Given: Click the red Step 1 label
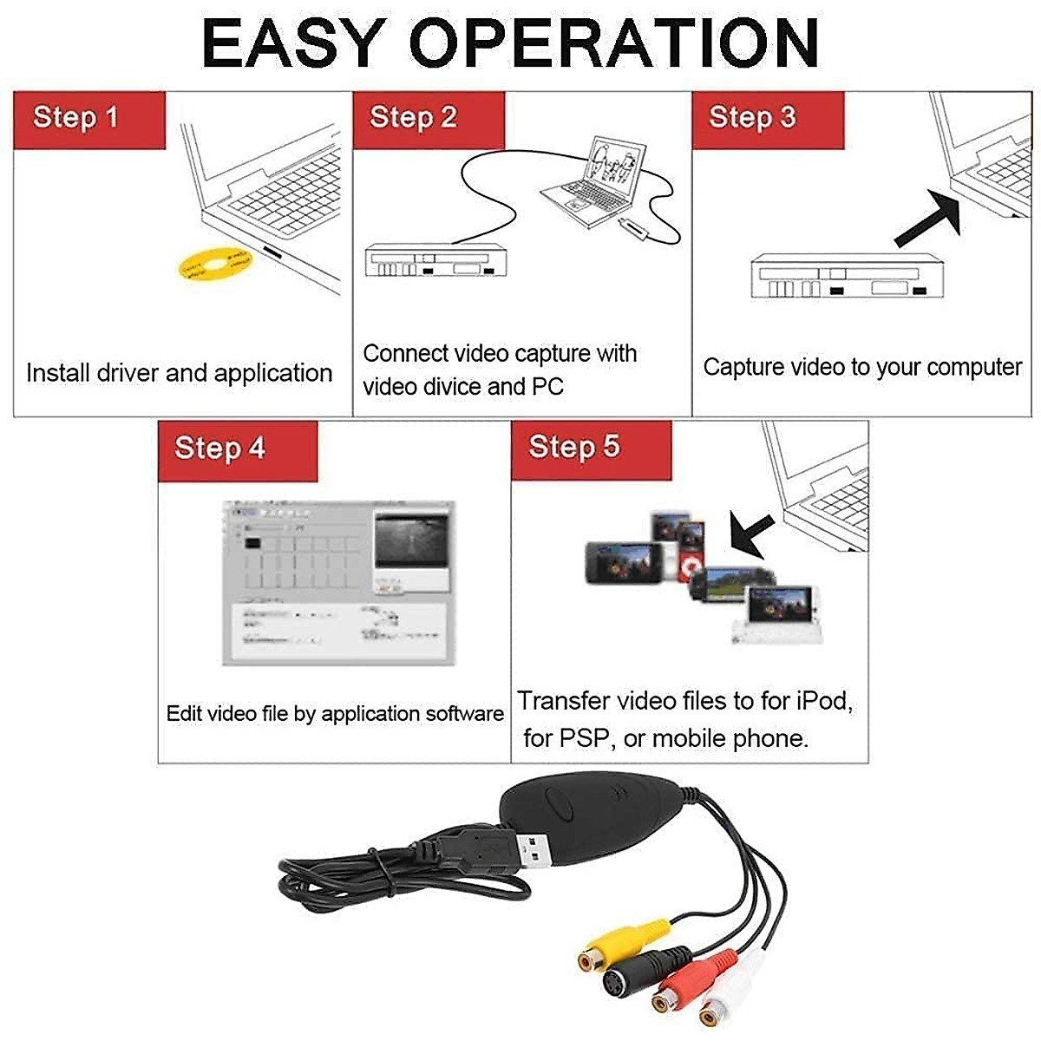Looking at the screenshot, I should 88,120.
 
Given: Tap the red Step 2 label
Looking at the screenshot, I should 428,120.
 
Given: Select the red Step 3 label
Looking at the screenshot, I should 767,120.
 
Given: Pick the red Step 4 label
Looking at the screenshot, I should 237,450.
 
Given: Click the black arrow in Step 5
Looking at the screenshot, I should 753,533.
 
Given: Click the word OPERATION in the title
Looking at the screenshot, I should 614,43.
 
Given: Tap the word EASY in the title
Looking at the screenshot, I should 293,43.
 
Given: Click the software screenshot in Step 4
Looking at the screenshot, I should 338,583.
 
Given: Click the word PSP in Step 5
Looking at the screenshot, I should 586,739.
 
